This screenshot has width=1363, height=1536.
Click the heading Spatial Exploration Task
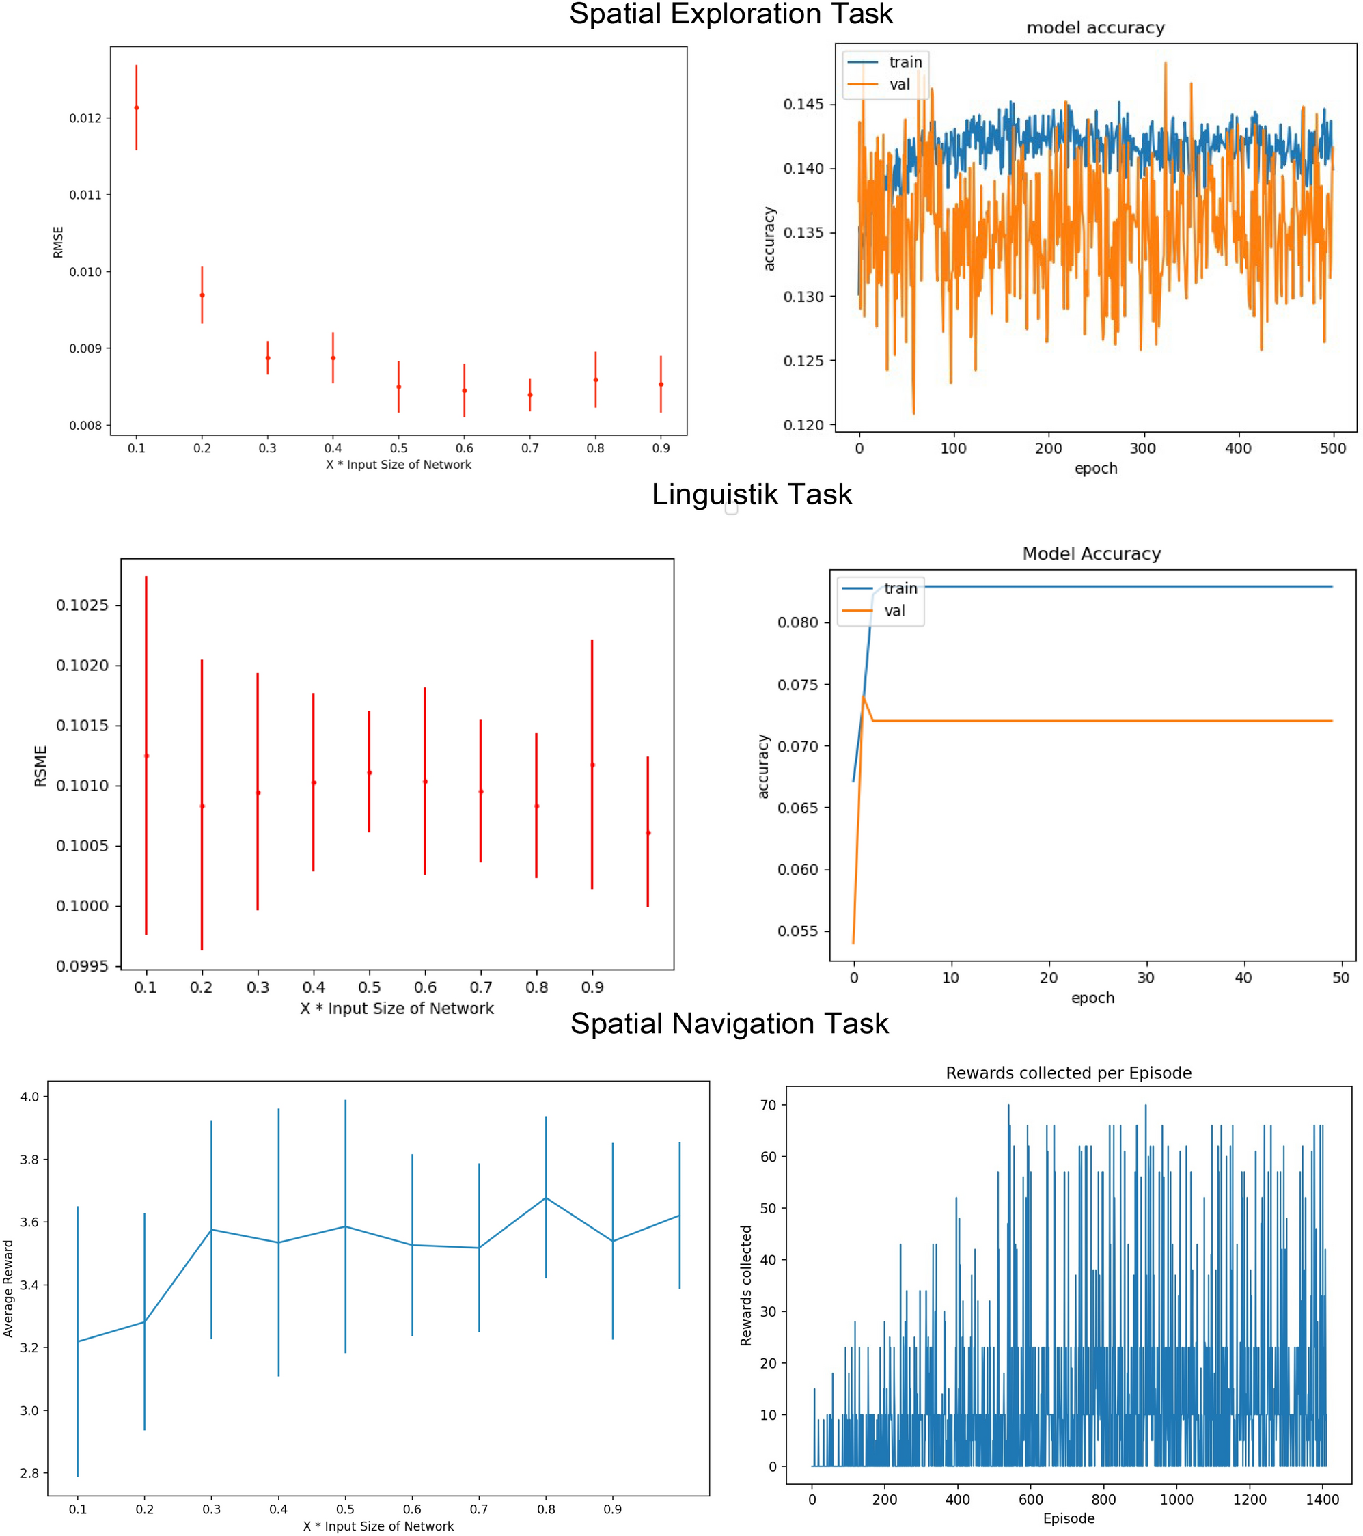tap(730, 14)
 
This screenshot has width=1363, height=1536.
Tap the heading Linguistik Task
tap(752, 495)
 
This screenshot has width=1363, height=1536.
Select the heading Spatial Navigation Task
tap(729, 1024)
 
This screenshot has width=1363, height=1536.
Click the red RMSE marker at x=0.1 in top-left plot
tap(136, 107)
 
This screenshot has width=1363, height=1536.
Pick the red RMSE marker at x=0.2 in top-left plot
tap(202, 295)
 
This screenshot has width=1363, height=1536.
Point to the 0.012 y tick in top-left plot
tap(84, 119)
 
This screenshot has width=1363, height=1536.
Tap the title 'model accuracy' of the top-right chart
tap(1094, 29)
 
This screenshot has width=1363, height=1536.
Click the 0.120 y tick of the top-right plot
tap(803, 425)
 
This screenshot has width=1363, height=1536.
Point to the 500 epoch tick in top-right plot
tap(1333, 449)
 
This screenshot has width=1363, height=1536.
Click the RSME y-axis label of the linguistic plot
tap(40, 766)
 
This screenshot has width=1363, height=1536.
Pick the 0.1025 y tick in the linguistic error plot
tap(82, 605)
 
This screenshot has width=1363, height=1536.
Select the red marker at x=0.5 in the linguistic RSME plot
tap(369, 773)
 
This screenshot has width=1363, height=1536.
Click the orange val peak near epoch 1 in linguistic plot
tap(864, 697)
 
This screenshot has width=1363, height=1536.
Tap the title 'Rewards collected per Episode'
tap(1068, 1073)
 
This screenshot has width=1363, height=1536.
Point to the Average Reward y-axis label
tap(8, 1289)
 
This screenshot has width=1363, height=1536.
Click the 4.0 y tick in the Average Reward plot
tap(29, 1097)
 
